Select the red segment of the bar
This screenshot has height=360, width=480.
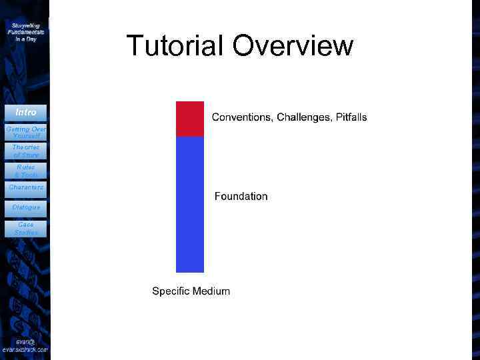(x=189, y=119)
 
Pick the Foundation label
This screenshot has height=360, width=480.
(x=241, y=196)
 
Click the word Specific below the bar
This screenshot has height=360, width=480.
(x=170, y=291)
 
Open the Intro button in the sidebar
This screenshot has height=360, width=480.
(x=25, y=112)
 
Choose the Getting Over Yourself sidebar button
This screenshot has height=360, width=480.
(x=25, y=131)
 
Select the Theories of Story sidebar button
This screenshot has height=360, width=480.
(x=25, y=151)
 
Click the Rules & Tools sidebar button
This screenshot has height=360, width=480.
(x=25, y=171)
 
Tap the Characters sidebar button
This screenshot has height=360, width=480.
(x=25, y=188)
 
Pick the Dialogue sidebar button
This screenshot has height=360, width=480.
(x=25, y=207)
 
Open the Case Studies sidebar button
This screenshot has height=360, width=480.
(x=25, y=229)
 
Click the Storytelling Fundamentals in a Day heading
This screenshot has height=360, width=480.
(x=25, y=32)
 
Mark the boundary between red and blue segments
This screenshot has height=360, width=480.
(x=189, y=137)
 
